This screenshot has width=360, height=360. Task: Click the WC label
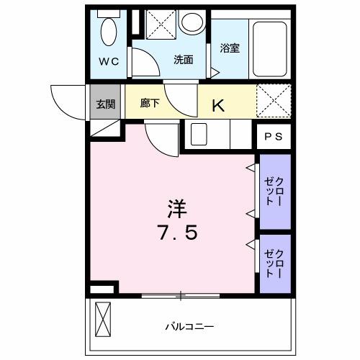[109, 62]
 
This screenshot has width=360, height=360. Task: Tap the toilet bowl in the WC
[109, 32]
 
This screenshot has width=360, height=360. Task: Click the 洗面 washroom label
[184, 60]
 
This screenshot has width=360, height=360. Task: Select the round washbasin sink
[192, 22]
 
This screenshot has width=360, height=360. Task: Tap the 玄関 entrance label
[106, 104]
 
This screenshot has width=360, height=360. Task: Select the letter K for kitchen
[218, 105]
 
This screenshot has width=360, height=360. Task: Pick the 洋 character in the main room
[177, 209]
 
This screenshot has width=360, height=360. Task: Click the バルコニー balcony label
[189, 326]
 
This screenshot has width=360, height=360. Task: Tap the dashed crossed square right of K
[274, 100]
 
